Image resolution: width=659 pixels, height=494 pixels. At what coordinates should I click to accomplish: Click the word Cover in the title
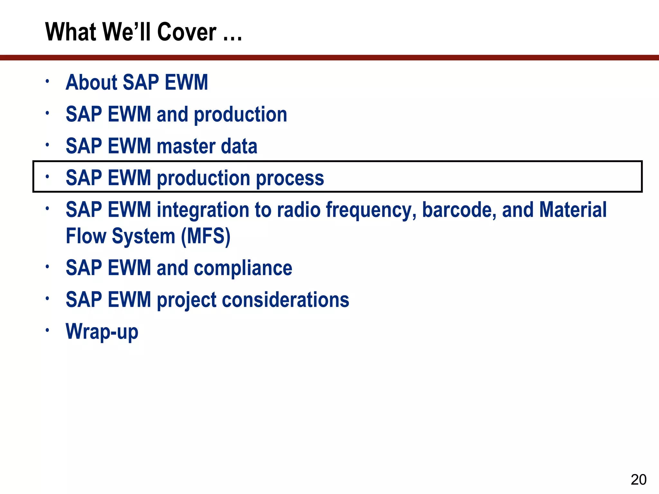187,32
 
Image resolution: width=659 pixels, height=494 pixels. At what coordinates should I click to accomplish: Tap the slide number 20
638,480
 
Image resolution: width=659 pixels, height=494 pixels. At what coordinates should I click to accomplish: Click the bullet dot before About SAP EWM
47,81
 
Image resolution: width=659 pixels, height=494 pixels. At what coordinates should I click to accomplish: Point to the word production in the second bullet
240,115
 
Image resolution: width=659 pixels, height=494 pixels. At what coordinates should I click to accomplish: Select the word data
239,146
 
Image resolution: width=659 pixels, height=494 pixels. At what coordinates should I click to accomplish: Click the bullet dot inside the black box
47,176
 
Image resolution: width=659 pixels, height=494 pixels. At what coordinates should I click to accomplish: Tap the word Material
572,210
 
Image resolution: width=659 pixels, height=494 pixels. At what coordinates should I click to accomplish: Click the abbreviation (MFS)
206,236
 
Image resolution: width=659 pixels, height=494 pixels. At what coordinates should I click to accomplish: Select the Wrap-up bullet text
102,332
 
